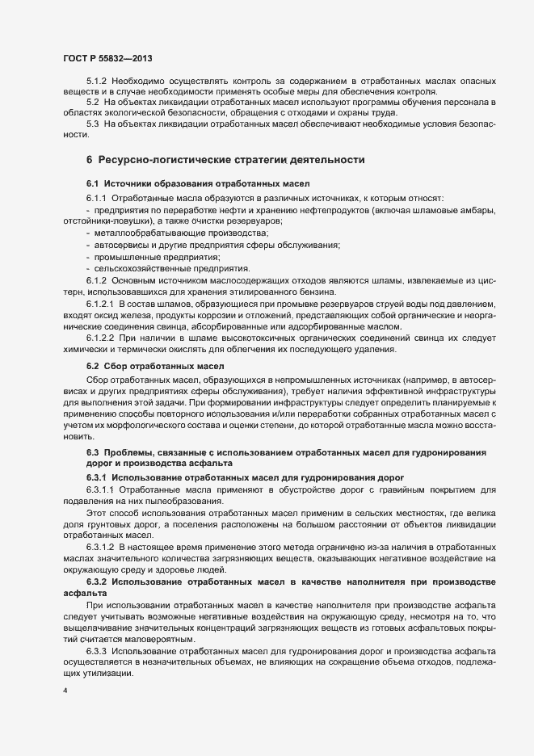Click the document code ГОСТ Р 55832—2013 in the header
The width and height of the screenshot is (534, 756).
107,58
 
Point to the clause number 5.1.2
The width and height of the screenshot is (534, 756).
96,82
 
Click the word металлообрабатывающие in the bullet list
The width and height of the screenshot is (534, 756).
134,233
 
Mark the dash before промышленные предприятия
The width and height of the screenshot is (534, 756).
86,257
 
